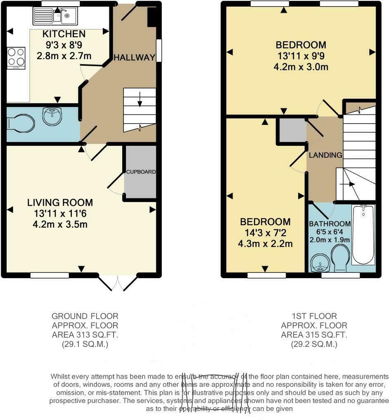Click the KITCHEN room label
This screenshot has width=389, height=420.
pos(58,34)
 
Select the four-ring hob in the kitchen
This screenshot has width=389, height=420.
pos(16,58)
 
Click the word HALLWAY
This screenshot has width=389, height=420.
pos(134,57)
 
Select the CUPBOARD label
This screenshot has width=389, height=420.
pos(140,172)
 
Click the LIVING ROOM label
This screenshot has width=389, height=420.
pos(60,203)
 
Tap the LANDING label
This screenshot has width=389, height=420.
pos(325,155)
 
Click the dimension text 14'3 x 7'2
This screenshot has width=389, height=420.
pos(265,233)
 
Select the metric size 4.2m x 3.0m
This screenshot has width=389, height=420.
pos(301,67)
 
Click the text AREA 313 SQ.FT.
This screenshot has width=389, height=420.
pos(85,334)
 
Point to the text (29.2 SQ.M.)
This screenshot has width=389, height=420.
pos(314,344)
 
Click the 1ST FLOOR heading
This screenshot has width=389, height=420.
pos(314,316)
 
